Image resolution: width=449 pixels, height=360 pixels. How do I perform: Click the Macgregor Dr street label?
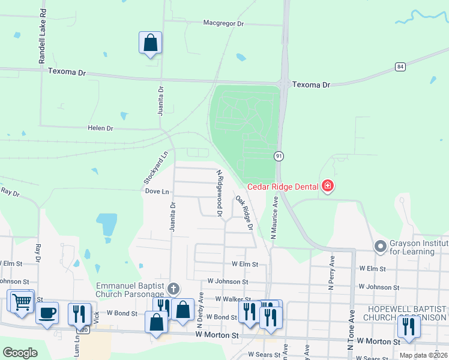point(223,23)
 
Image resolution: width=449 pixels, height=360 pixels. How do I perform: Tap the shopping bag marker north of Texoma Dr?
point(150,43)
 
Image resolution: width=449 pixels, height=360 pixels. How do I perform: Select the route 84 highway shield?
point(400,66)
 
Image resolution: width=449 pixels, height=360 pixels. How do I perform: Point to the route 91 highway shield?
point(279,156)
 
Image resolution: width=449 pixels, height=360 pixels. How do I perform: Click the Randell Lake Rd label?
point(42,37)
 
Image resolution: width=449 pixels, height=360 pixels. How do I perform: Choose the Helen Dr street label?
point(100,128)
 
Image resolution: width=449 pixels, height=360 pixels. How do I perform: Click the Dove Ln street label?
point(157,191)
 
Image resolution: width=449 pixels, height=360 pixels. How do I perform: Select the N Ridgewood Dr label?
point(219,193)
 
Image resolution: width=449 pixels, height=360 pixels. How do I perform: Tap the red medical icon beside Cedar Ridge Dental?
point(327,187)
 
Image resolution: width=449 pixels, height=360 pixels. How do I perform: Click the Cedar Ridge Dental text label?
point(282,187)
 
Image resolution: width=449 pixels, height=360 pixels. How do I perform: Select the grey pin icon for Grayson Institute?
point(379,246)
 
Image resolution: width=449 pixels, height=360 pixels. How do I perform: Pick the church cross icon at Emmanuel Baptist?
point(173,289)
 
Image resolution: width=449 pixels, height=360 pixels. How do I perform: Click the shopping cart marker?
point(22,301)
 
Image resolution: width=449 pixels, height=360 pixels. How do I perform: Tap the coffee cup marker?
point(47,312)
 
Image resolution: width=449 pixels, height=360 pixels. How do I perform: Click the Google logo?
point(20,353)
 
